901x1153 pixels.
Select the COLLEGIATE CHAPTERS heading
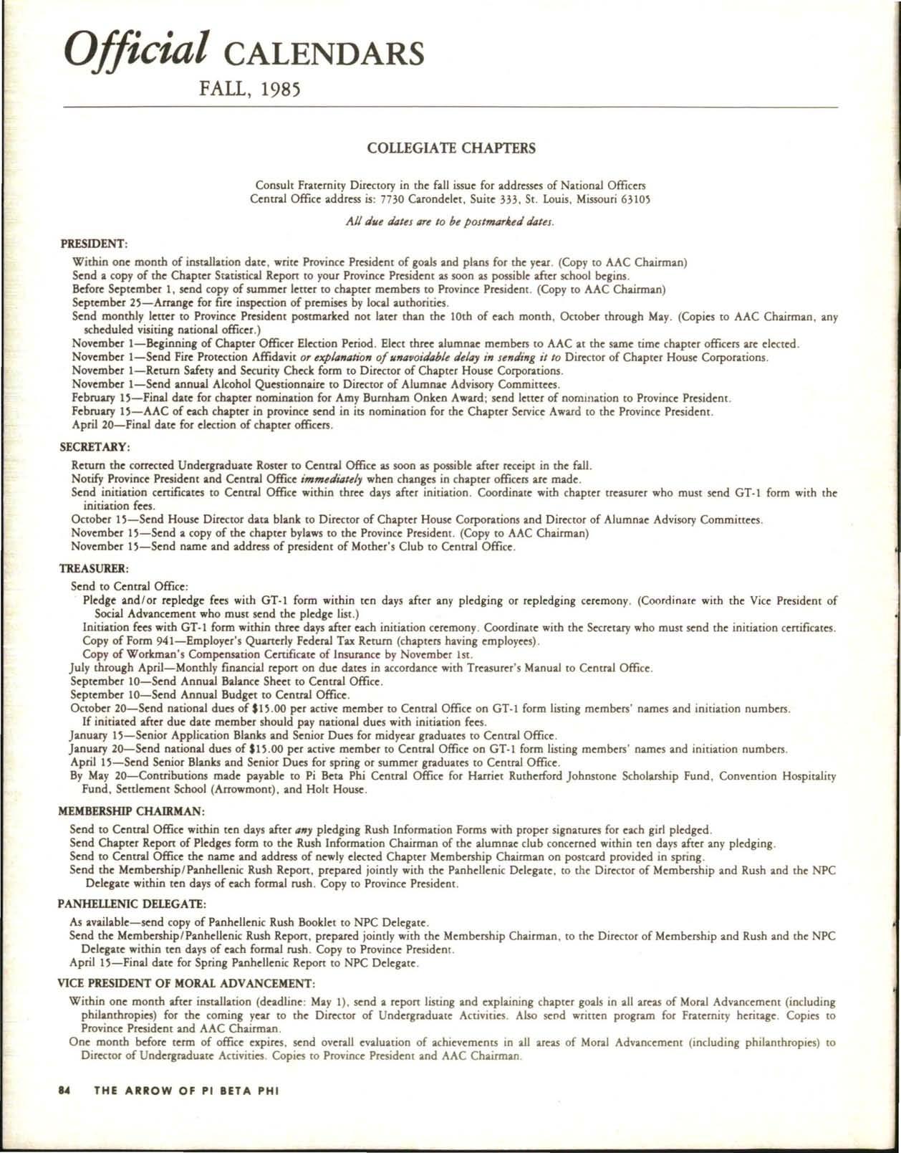coord(451,149)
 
